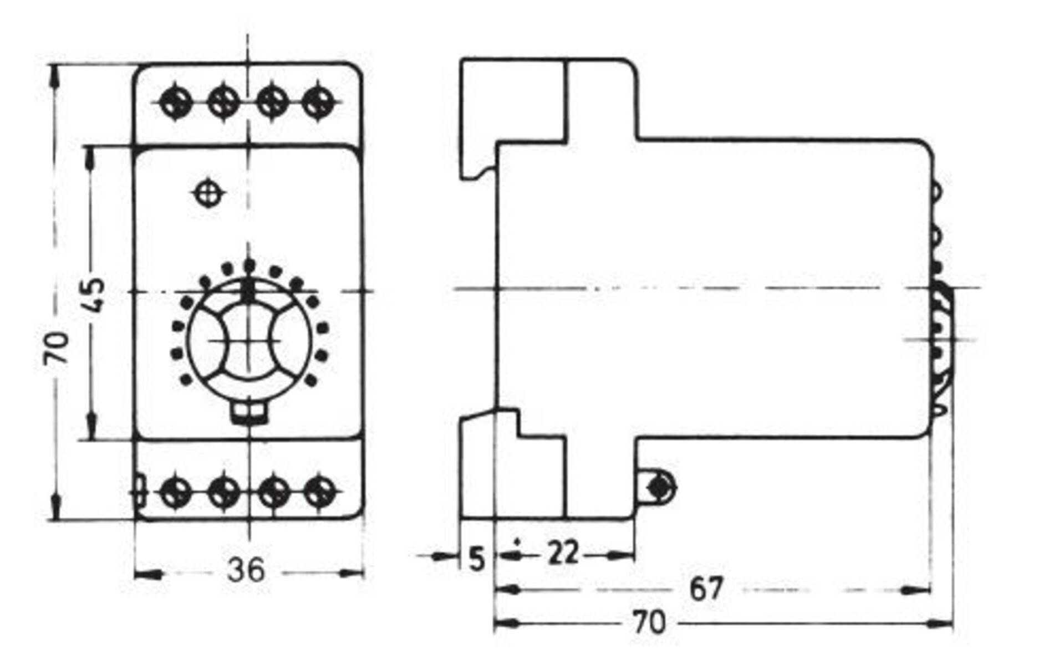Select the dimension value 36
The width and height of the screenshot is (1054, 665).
(246, 569)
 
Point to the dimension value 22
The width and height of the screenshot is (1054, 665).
(563, 553)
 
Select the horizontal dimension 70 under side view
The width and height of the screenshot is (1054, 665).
(649, 622)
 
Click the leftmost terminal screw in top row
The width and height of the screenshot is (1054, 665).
(175, 102)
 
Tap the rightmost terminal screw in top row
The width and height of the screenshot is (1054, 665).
(319, 102)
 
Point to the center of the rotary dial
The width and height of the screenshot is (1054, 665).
(248, 340)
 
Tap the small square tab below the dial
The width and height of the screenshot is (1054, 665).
(248, 413)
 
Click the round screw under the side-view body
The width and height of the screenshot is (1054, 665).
(659, 487)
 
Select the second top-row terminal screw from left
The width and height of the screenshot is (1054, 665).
(223, 102)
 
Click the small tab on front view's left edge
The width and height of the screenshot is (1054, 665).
(139, 490)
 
